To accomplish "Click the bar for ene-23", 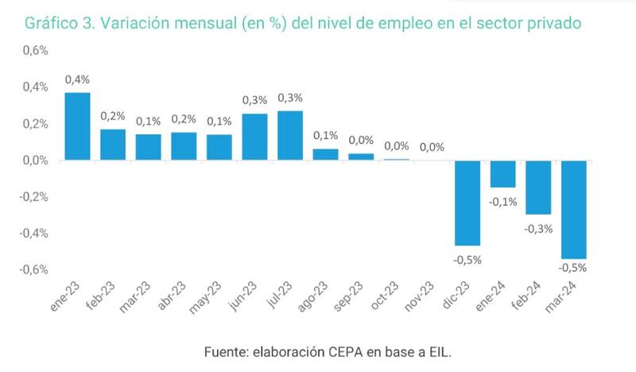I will [x=77, y=126].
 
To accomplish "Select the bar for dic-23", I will [x=467, y=203].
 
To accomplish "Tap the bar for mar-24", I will [x=574, y=210].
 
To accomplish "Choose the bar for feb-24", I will [x=538, y=187].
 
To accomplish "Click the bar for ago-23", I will [x=325, y=154].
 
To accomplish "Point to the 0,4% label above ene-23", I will [x=77, y=79].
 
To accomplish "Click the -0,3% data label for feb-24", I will [x=538, y=229].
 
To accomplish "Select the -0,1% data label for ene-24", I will [x=503, y=202].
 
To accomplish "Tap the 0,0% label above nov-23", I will [x=432, y=147].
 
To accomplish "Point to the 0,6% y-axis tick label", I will [x=33, y=50].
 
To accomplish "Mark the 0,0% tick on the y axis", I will [x=33, y=160].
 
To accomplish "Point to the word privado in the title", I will [x=556, y=24].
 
